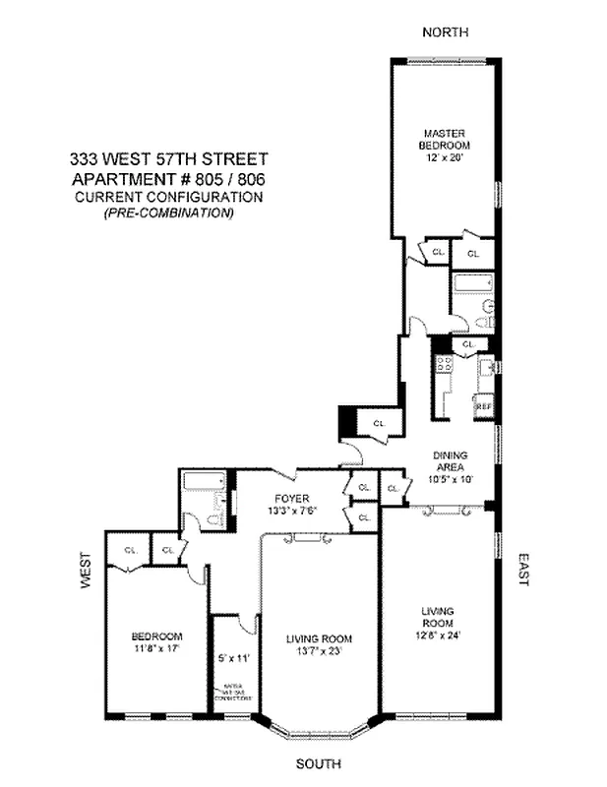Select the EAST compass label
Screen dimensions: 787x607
(523, 571)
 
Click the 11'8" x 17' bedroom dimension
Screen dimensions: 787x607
(157, 649)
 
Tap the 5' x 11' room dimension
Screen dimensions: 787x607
(234, 656)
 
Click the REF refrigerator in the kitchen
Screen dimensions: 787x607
(483, 405)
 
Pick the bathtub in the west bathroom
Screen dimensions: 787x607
(204, 482)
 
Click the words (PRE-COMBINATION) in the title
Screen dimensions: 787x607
(168, 212)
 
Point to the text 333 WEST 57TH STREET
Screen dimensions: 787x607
(168, 158)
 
